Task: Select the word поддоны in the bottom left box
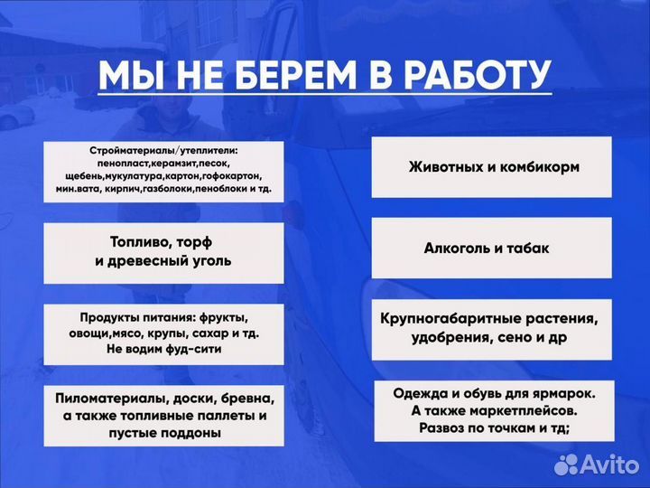click(186, 434)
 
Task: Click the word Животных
click(447, 167)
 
